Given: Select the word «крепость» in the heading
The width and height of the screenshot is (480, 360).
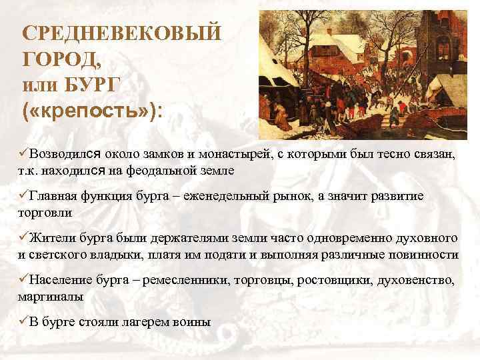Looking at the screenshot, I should tap(87, 110).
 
